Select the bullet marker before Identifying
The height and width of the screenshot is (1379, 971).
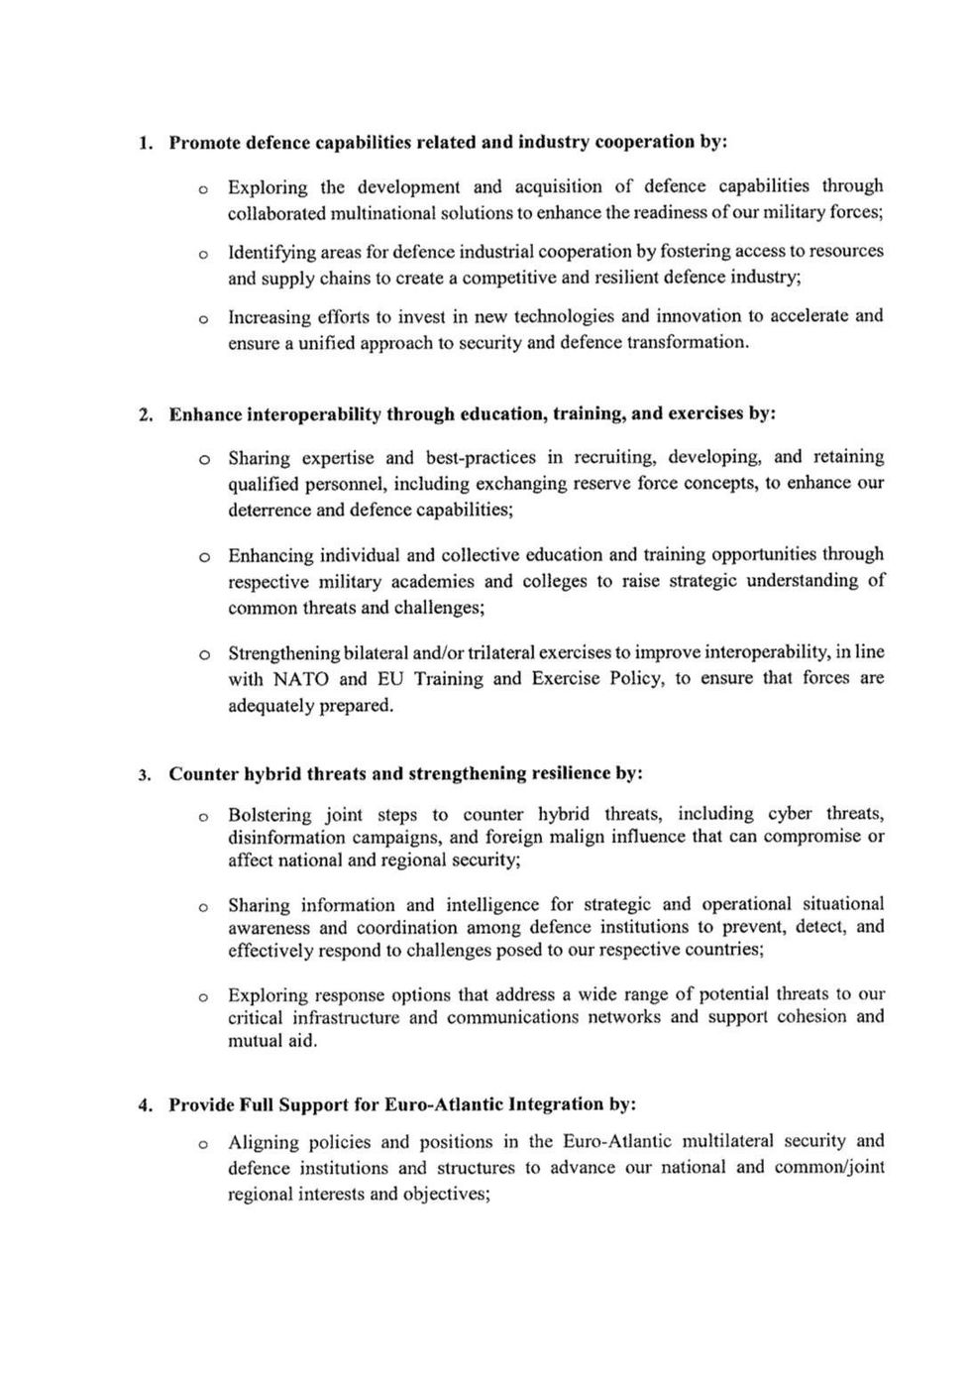click(x=202, y=255)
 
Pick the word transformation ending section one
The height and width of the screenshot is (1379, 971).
click(x=694, y=343)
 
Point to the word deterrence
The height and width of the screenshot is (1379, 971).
click(x=271, y=511)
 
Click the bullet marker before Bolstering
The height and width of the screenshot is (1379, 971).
click(x=202, y=817)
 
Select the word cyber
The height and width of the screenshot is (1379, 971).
click(x=790, y=814)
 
